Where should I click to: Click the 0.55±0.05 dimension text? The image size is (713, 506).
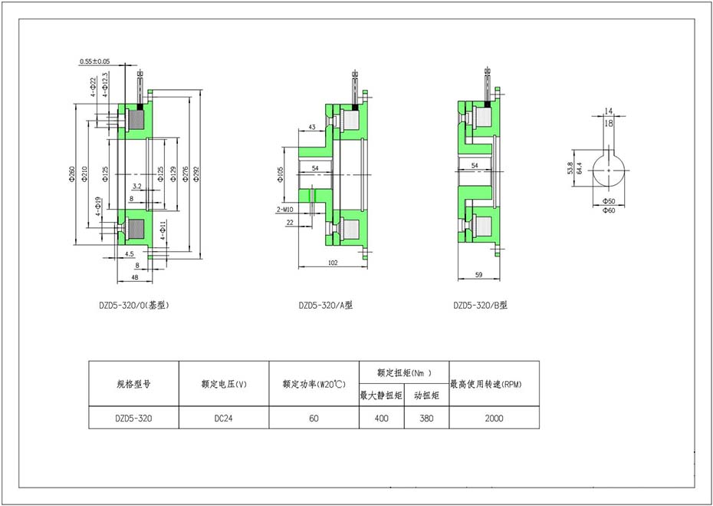(94, 61)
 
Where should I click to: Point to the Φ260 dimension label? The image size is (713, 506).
(71, 175)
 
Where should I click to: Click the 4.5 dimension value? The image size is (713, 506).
(129, 253)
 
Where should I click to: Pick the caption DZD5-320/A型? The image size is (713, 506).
(325, 306)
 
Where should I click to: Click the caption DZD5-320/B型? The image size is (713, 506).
(480, 306)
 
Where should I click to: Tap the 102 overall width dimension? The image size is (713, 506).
(333, 263)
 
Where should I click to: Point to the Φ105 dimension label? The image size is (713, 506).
(280, 174)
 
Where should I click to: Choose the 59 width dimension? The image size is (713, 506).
(478, 275)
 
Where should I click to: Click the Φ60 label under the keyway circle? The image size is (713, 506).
(609, 210)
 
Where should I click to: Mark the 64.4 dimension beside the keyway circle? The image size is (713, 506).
(580, 167)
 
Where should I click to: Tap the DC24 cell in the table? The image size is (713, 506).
(224, 418)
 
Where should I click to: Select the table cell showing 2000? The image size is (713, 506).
(494, 418)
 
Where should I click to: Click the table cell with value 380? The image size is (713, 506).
(426, 418)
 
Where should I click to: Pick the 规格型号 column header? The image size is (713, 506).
(133, 384)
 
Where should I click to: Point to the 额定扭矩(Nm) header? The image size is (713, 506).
(404, 372)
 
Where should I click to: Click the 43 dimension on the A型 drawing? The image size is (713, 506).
(312, 127)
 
